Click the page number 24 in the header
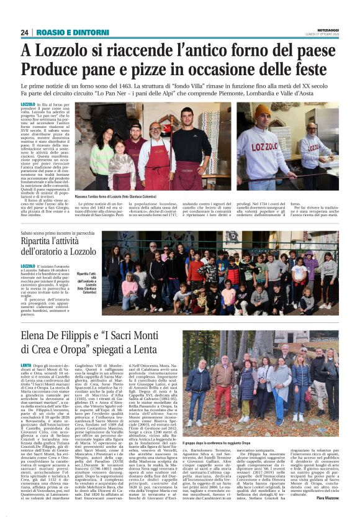25,32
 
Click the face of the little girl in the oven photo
124,148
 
